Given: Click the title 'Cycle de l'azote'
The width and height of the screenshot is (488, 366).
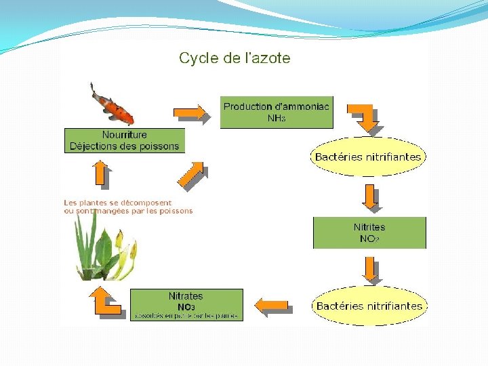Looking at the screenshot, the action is pos(235,58).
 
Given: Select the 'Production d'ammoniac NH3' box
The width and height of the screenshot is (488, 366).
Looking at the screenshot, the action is pos(277,113).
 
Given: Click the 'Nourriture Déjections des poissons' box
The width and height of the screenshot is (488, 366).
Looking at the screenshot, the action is pos(124,140).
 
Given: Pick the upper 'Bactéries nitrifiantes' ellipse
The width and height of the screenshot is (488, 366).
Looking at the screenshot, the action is pos(367,157).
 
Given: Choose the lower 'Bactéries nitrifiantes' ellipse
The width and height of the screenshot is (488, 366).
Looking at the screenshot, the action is pos(369,306).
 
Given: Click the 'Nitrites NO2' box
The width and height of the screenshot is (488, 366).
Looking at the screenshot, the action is pos(369,232).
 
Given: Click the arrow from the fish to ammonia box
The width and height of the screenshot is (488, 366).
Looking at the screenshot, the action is pos(189,111).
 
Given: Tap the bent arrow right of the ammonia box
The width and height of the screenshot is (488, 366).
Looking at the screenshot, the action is pos(365,117).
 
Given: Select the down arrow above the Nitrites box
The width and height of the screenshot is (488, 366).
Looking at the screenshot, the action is pos(370,197).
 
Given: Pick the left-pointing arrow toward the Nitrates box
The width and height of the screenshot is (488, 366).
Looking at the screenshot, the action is pos(274,306).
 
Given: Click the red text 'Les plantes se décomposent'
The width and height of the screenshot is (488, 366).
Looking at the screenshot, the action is pos(118,203).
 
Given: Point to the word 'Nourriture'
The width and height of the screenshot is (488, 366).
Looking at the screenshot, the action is pos(124,135).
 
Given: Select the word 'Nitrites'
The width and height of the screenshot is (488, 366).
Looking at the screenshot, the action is pos(369,227).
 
